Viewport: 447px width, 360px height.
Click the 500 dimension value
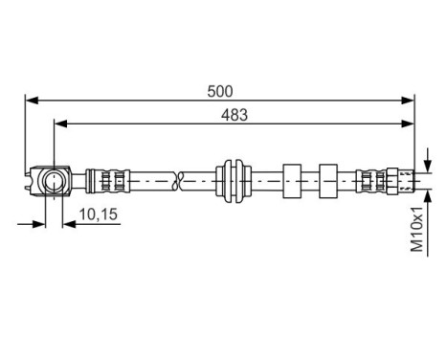coord(220,91)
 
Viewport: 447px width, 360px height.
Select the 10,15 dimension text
coord(98,215)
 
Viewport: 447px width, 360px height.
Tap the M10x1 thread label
coord(417,231)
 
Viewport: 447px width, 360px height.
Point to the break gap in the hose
coord(179,179)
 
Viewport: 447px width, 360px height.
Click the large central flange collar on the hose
coord(234,179)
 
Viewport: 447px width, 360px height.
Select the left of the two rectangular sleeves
coord(292,179)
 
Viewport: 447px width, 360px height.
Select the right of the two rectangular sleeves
coord(328,179)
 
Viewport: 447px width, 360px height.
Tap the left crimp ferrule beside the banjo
coord(105,179)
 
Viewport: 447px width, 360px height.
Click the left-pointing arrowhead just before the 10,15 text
coord(68,224)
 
